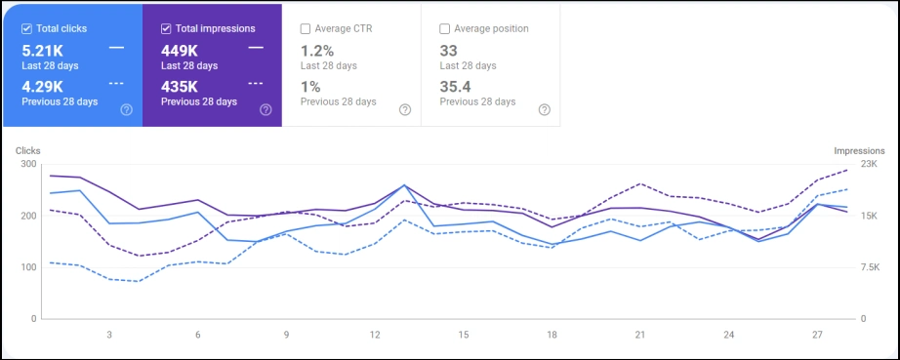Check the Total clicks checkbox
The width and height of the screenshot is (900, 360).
coord(27,28)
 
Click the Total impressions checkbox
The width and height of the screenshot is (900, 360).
coord(167,28)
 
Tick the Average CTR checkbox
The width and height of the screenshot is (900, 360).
coord(307,28)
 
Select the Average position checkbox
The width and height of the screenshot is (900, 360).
coord(445,28)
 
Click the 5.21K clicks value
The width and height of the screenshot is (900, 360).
coord(44,50)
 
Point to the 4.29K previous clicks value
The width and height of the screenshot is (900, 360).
coord(44,86)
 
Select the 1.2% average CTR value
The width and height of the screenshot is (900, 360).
coord(317,50)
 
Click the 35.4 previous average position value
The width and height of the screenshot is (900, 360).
coord(455,86)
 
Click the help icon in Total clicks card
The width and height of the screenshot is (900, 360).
coord(126,109)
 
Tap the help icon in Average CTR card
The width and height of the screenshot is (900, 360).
coord(405,109)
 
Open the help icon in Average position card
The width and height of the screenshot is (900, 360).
coord(545,109)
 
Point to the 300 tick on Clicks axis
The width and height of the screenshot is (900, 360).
coord(26,164)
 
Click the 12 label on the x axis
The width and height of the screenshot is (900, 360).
coord(375,335)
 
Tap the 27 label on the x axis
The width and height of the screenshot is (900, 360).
coord(818,335)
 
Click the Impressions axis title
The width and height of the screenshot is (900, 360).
coord(859,151)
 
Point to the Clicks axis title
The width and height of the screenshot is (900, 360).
coord(27,151)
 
